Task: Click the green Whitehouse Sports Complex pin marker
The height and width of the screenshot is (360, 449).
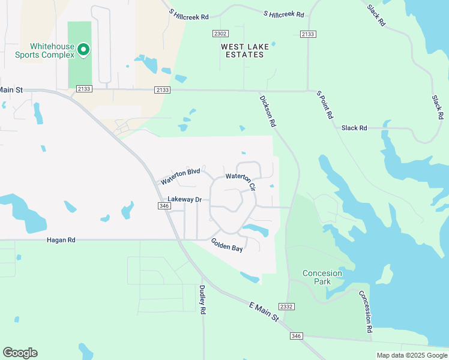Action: (x=84, y=49)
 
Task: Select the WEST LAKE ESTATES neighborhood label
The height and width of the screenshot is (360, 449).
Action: (x=243, y=50)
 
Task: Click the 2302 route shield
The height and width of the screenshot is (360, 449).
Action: (x=220, y=34)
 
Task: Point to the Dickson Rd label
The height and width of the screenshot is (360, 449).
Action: (x=268, y=111)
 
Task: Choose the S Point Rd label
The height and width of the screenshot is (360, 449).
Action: (x=325, y=105)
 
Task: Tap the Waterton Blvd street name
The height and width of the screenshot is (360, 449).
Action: (x=180, y=176)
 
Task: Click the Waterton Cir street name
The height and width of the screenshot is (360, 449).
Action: (x=241, y=181)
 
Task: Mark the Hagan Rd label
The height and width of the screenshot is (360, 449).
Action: (x=61, y=240)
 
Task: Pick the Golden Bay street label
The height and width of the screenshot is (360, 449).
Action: (x=227, y=245)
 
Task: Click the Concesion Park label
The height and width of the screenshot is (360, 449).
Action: (x=322, y=277)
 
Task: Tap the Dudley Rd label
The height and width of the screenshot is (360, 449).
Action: (x=202, y=299)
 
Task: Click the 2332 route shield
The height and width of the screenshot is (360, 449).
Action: (x=287, y=307)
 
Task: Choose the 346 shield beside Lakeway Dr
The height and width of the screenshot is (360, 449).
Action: (x=164, y=206)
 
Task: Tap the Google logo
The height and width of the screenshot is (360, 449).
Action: (x=20, y=353)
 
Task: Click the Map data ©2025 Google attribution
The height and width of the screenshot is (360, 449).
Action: (x=411, y=355)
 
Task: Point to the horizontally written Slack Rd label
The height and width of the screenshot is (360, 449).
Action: (x=354, y=128)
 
